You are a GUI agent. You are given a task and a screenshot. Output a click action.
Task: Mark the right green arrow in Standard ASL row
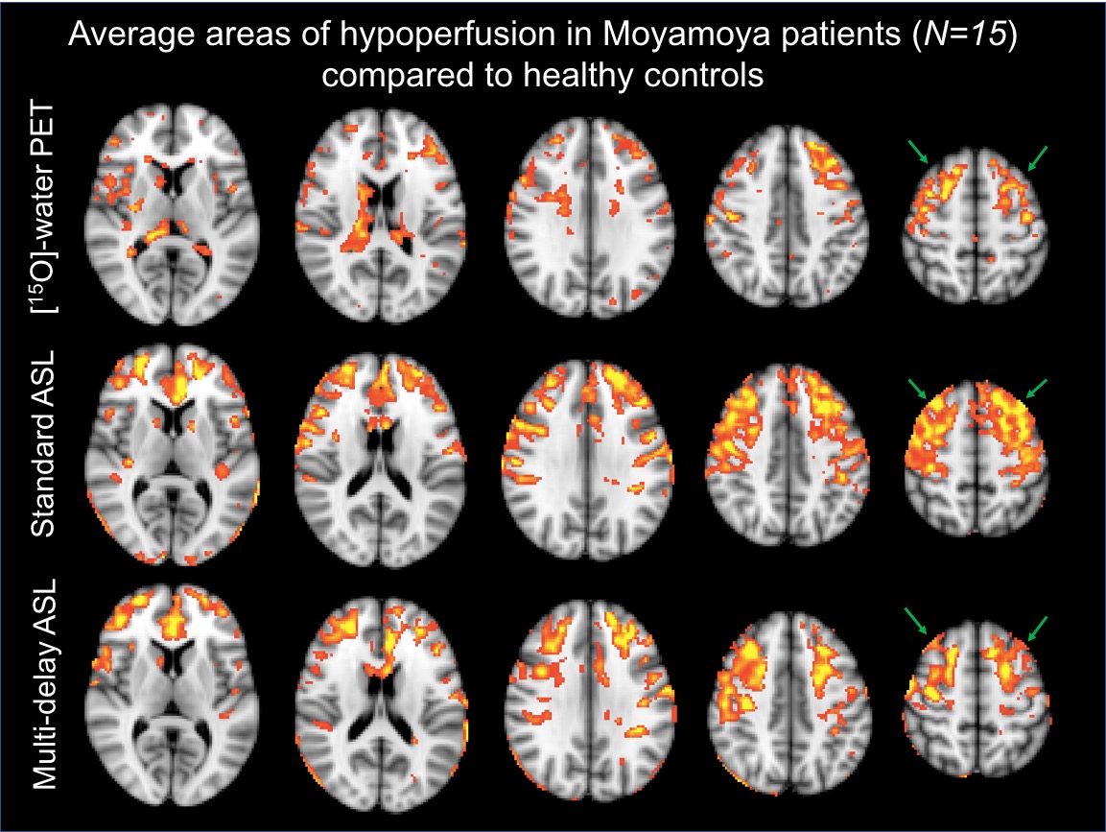1037,389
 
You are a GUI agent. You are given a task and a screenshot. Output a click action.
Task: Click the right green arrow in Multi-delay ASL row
1037,625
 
